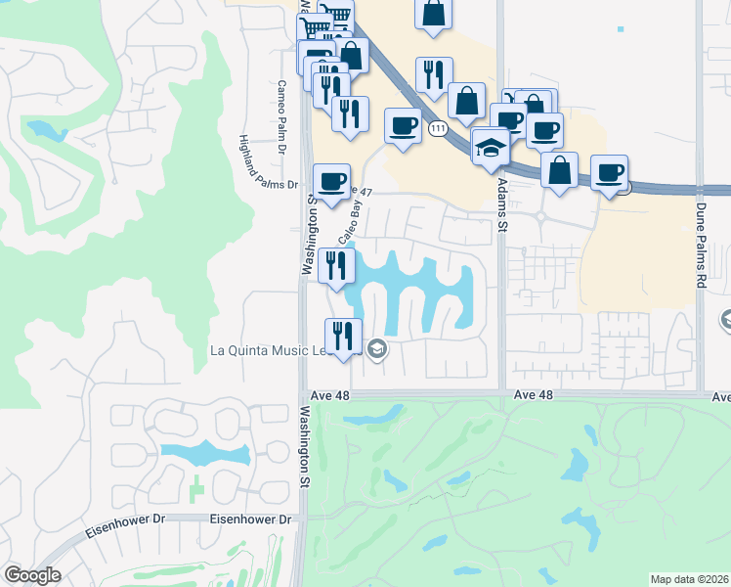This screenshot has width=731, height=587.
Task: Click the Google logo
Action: pos(32,575)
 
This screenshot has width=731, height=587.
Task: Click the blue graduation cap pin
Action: pos(491,147)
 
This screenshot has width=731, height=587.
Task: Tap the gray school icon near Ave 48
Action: pos(377,350)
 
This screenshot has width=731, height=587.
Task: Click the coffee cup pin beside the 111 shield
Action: pos(403,126)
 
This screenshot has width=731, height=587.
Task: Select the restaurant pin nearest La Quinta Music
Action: pos(343,336)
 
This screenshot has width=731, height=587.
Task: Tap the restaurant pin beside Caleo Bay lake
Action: pos(335,264)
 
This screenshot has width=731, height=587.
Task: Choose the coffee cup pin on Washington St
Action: pos(331,181)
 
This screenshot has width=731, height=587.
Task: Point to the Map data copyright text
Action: pos(689,579)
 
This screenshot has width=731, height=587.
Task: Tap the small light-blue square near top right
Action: pos(621,28)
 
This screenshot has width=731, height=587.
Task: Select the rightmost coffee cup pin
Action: pos(610,172)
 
